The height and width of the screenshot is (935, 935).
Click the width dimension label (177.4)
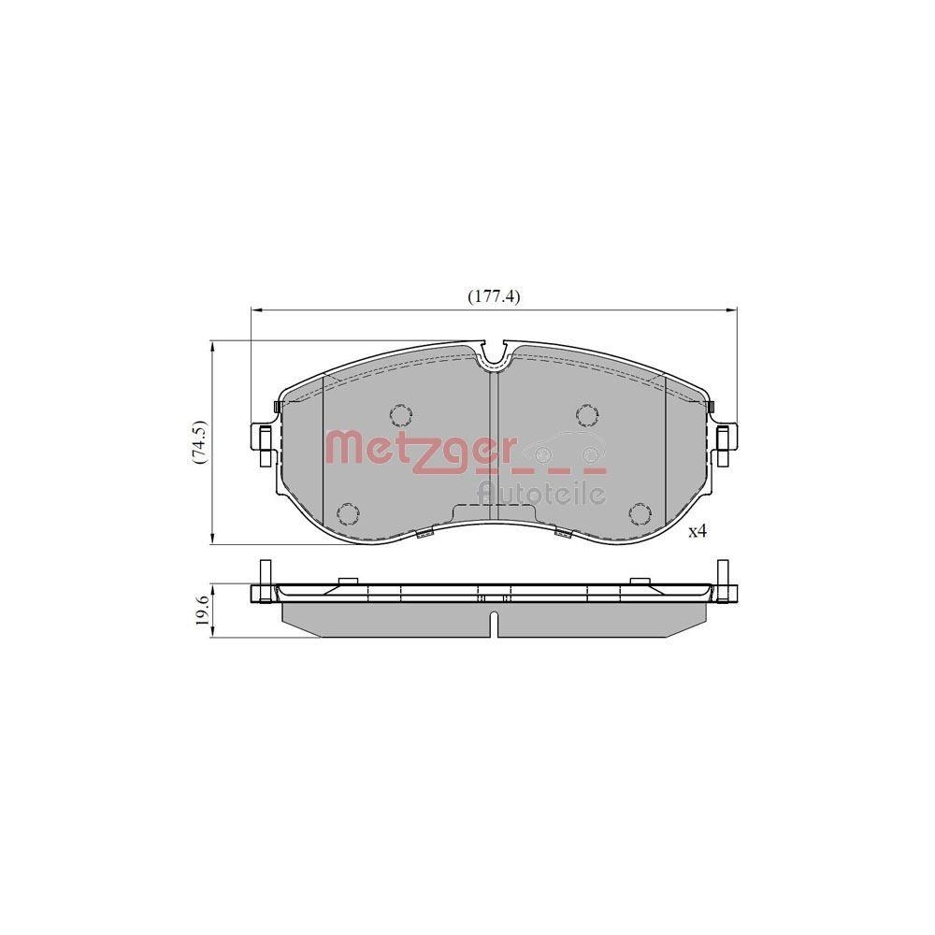point(494,296)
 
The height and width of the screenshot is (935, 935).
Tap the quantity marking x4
point(698,532)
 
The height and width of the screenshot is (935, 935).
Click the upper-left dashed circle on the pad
point(401,414)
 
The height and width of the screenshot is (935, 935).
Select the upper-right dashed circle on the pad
point(586,414)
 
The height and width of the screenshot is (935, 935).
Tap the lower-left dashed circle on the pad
point(348,513)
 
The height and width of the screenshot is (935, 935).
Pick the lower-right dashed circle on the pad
point(640,513)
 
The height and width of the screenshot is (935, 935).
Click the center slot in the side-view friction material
point(493,625)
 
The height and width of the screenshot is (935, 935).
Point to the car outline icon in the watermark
point(560,446)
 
